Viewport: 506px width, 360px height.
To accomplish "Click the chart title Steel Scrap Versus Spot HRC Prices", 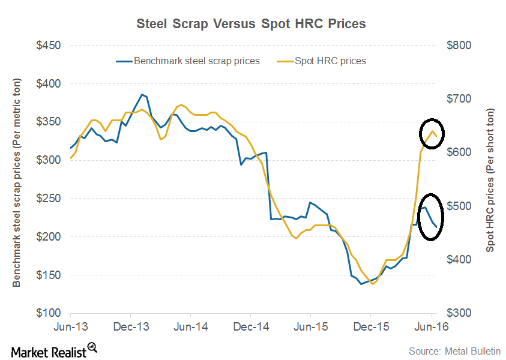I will [251, 24].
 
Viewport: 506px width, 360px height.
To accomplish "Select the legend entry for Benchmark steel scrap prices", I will [188, 61].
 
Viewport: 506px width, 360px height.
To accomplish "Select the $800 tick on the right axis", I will [459, 46].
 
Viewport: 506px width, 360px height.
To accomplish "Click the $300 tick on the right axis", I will [459, 313].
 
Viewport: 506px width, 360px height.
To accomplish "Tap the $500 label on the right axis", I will [459, 206].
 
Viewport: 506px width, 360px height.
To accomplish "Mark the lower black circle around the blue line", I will [430, 217].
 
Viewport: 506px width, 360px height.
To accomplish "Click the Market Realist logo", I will [54, 349].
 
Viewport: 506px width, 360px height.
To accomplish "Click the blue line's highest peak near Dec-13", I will [142, 94].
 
